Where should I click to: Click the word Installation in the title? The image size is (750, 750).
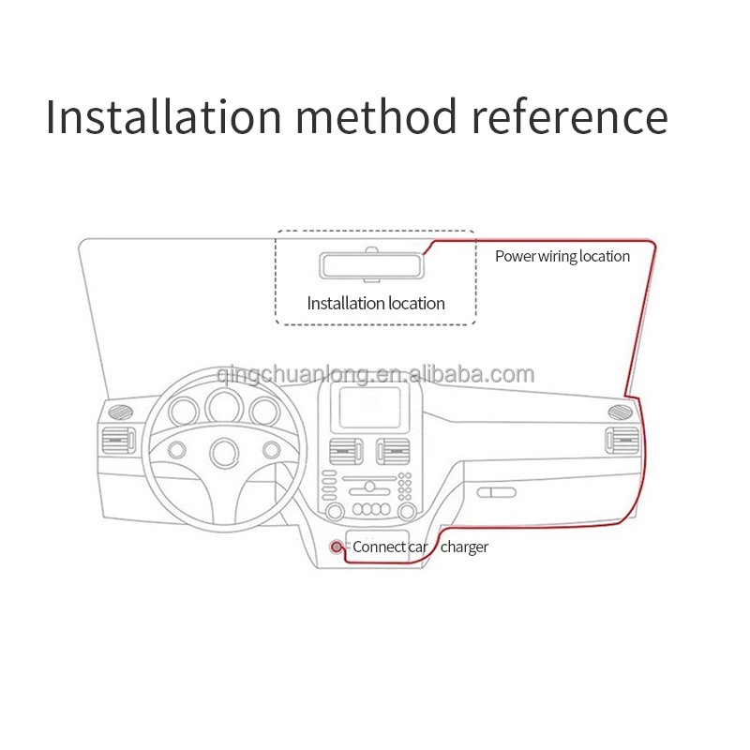(x=164, y=117)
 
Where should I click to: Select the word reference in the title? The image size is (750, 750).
(x=569, y=117)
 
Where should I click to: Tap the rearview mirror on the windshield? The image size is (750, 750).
(x=373, y=264)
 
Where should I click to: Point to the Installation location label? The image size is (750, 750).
(x=376, y=303)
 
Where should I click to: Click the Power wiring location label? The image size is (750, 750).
(x=562, y=256)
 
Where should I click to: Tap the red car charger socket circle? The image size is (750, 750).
(x=337, y=547)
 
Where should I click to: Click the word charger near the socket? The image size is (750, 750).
(x=464, y=547)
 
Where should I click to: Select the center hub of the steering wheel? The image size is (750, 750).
(x=225, y=453)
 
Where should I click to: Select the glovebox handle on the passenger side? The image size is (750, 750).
(x=496, y=492)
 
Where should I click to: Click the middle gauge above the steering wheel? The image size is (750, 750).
(x=225, y=406)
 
